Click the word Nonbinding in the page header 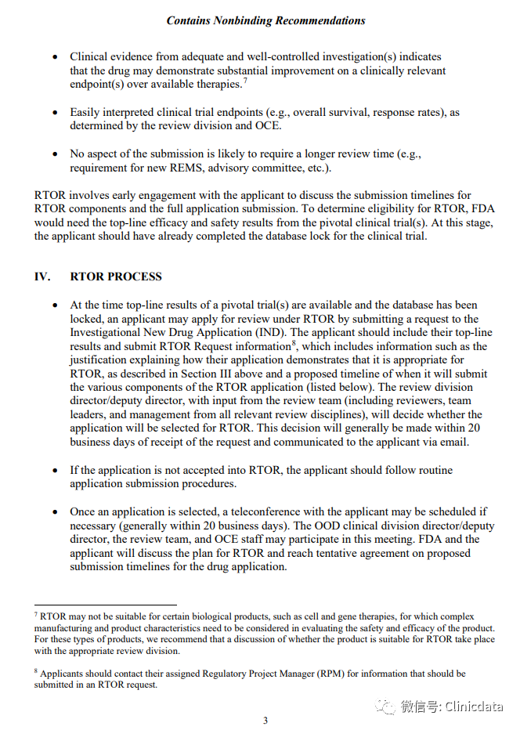tap(247, 20)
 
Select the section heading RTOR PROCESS tap(116, 276)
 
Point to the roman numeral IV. tap(42, 276)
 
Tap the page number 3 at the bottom tap(265, 721)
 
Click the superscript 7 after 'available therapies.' tap(245, 80)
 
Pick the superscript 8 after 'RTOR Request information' tap(294, 342)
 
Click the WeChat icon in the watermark tap(385, 707)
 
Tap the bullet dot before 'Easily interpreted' tap(54, 113)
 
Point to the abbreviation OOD tap(326, 526)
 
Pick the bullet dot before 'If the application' tap(54, 470)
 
